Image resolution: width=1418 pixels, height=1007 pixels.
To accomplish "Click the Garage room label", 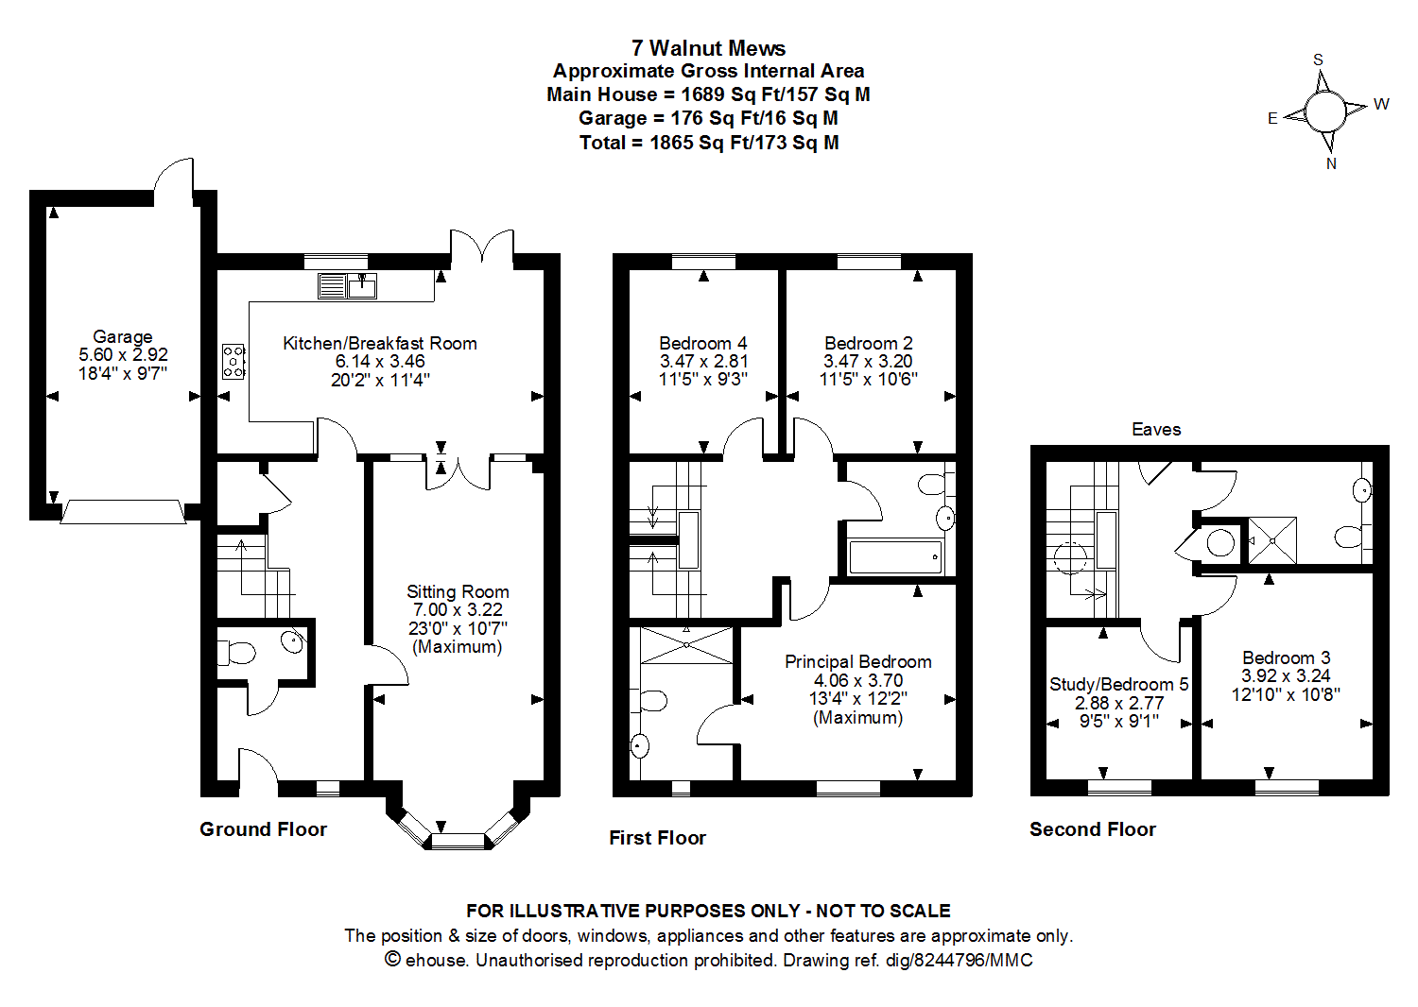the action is [x=123, y=337].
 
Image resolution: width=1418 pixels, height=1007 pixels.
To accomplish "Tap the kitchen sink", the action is [x=362, y=284].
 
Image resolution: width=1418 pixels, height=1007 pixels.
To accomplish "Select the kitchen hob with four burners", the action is [x=233, y=362].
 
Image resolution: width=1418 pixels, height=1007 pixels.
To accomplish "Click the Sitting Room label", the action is [x=458, y=592].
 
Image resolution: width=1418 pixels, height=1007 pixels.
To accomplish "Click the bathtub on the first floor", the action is [x=895, y=557].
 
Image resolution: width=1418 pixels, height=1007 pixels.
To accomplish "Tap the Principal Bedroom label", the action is [x=858, y=662].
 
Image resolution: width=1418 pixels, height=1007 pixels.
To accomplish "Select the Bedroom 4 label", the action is [x=703, y=344].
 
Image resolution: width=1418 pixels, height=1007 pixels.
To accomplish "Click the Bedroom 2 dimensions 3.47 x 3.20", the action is [x=868, y=362].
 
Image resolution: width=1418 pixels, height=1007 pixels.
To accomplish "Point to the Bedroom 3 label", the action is [x=1286, y=657].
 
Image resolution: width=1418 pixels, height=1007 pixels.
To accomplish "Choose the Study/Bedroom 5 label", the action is [x=1119, y=684].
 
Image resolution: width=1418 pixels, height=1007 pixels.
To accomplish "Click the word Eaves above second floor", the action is [x=1156, y=430].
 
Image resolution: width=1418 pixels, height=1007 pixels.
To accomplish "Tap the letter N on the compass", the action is [x=1331, y=163].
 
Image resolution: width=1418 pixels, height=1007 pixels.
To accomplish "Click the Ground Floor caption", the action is [x=263, y=829].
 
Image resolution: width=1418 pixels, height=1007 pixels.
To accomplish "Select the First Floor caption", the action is [x=657, y=838].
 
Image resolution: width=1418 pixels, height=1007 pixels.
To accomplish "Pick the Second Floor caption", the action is [x=1092, y=829].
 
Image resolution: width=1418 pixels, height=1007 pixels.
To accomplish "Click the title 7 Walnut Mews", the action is [x=708, y=48].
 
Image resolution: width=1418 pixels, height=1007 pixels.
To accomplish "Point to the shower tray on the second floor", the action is [x=1272, y=540].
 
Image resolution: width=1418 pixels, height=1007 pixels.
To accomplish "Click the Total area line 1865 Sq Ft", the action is [x=709, y=143].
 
